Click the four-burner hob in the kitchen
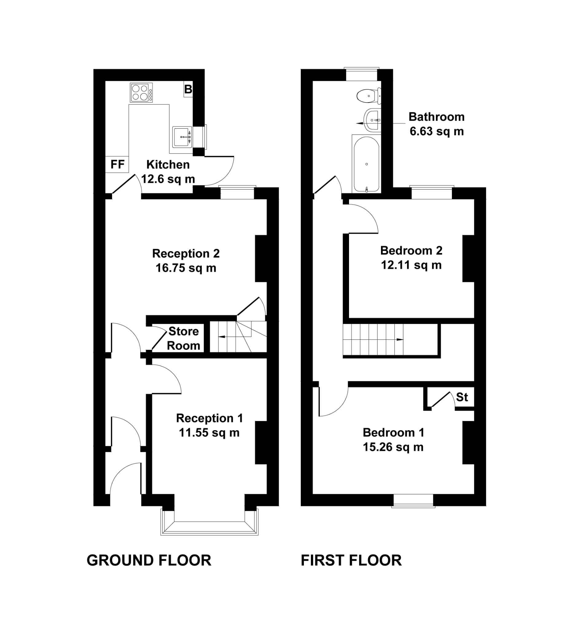[x=141, y=92]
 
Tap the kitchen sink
[x=182, y=137]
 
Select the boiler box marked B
[x=188, y=89]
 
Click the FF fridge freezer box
[x=117, y=164]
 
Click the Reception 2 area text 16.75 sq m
[x=186, y=268]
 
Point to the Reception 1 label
[x=210, y=418]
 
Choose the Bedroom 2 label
[x=411, y=251]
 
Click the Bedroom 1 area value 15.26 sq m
[x=393, y=447]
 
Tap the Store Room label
[x=183, y=338]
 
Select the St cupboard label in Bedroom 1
[x=462, y=397]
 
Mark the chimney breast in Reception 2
[x=261, y=259]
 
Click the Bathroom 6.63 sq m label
[x=437, y=124]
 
